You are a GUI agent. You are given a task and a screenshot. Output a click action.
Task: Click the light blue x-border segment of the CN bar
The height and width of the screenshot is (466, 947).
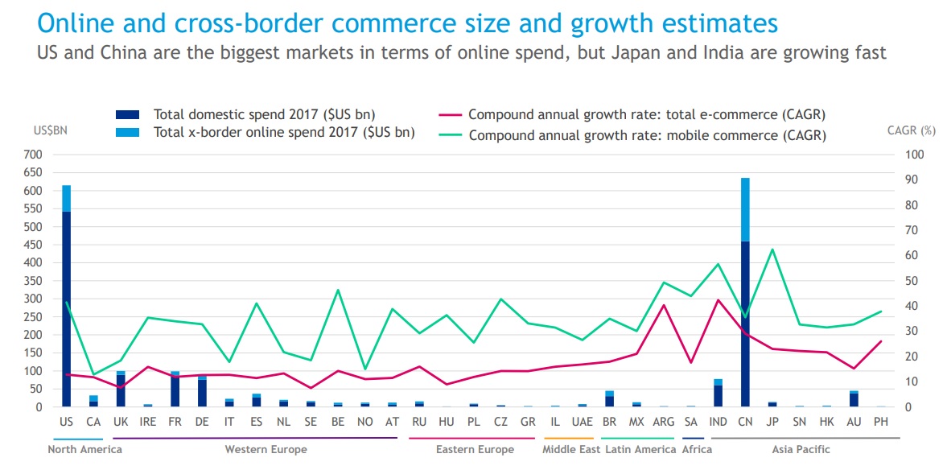745,209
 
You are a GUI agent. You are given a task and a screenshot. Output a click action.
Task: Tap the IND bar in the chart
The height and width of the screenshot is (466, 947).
718,394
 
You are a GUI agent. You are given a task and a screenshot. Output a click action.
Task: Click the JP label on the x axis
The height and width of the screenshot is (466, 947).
772,422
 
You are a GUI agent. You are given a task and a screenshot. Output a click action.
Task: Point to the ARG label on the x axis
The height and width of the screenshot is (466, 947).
664,422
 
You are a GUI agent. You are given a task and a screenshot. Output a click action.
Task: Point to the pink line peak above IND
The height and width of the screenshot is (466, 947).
718,300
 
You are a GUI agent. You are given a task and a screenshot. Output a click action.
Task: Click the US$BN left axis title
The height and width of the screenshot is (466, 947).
50,131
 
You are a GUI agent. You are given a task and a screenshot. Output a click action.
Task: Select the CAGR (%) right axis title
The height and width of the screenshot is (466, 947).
912,130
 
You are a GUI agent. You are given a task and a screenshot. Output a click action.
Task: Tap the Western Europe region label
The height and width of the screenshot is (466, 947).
266,449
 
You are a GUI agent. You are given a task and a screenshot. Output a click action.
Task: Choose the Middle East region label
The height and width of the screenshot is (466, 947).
571,449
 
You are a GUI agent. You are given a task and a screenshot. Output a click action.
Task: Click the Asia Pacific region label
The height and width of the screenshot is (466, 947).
801,449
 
